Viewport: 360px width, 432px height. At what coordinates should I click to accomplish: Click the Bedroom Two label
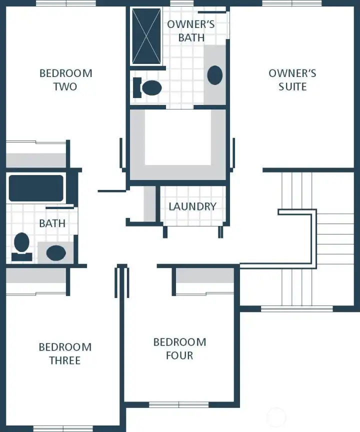pyautogui.click(x=65, y=80)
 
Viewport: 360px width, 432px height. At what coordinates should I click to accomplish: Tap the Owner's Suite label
pyautogui.click(x=292, y=80)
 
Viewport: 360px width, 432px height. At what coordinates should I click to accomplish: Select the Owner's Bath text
pyautogui.click(x=191, y=30)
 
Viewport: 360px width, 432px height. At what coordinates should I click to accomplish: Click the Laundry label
pyautogui.click(x=192, y=206)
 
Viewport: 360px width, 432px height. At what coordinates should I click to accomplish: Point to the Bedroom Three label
pyautogui.click(x=65, y=353)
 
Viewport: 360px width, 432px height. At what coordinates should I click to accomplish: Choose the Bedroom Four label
pyautogui.click(x=179, y=348)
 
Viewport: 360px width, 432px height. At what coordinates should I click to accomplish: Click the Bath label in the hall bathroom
pyautogui.click(x=52, y=223)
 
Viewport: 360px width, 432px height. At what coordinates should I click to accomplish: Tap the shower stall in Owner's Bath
pyautogui.click(x=145, y=35)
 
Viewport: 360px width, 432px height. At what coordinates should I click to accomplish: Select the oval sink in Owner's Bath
pyautogui.click(x=215, y=75)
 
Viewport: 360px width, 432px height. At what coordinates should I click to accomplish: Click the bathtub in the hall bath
pyautogui.click(x=36, y=188)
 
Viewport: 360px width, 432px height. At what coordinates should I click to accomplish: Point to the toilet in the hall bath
pyautogui.click(x=21, y=246)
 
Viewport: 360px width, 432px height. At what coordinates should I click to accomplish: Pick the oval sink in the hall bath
pyautogui.click(x=56, y=252)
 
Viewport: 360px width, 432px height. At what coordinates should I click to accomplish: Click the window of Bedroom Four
pyautogui.click(x=178, y=404)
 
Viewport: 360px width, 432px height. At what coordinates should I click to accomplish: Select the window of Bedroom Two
pyautogui.click(x=65, y=3)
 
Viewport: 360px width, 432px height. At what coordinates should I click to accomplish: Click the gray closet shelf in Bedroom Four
pyautogui.click(x=205, y=276)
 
